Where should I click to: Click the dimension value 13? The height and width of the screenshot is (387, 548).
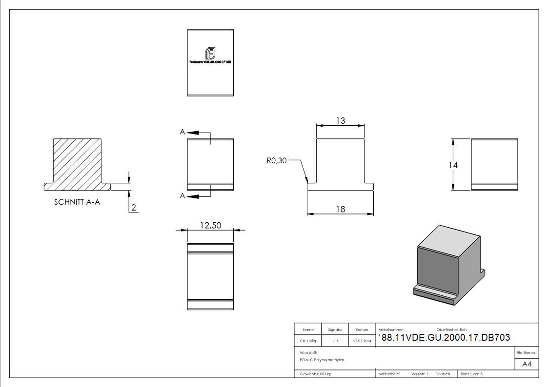(340, 120)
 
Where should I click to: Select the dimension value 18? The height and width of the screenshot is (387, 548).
(340, 209)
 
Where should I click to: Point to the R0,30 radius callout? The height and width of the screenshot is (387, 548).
(277, 160)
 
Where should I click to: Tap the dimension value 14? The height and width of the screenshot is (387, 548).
(453, 165)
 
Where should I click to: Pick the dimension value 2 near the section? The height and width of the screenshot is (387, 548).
(134, 208)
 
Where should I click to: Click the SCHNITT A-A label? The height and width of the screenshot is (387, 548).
(77, 202)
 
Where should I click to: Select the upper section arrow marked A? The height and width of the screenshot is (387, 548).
(193, 132)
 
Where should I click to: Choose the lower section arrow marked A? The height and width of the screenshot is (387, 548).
(193, 196)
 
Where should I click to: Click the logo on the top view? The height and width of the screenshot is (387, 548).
(210, 52)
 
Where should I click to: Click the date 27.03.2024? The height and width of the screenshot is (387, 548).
(362, 341)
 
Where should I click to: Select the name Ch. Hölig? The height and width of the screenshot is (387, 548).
(308, 341)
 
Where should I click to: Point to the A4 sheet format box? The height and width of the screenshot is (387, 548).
(527, 364)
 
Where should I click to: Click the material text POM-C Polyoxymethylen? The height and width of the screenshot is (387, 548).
(322, 360)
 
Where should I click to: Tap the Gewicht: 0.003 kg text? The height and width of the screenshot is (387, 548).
(316, 374)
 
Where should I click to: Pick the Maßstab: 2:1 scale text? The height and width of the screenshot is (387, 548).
(389, 374)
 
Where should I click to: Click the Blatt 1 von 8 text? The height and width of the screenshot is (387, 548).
(471, 374)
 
